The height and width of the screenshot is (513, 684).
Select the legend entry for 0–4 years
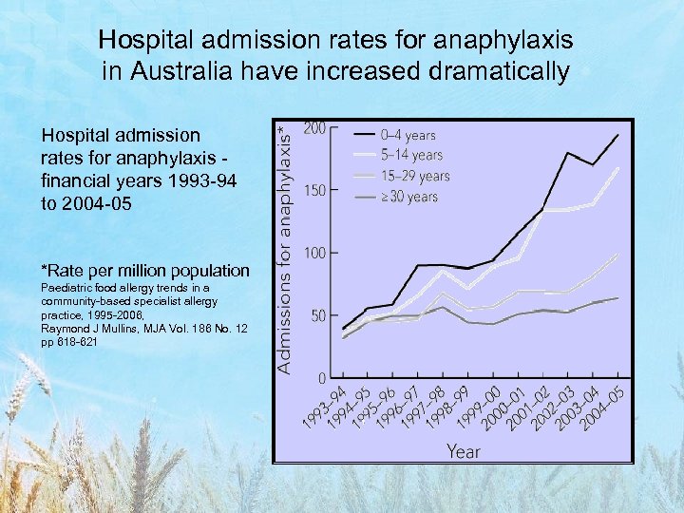[x=408, y=136]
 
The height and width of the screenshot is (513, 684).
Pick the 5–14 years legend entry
[x=411, y=155]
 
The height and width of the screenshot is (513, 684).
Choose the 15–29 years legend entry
[x=415, y=176]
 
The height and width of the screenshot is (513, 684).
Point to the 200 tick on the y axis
[x=314, y=127]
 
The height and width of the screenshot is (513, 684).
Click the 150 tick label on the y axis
[x=314, y=190]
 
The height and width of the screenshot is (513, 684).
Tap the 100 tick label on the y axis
[x=314, y=253]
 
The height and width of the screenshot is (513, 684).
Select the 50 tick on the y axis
[x=318, y=315]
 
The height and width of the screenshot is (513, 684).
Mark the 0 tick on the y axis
[x=323, y=378]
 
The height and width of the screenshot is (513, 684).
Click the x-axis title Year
[x=464, y=451]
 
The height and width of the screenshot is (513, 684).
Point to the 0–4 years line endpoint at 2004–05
[x=617, y=135]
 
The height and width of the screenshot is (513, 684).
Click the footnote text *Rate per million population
[x=145, y=271]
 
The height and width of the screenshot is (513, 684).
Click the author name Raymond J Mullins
[x=102, y=328]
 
